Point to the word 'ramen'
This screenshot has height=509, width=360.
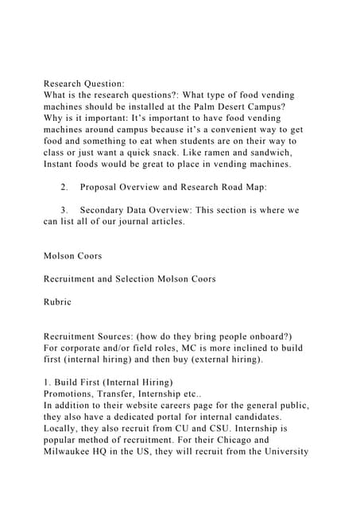pyautogui.click(x=194, y=151)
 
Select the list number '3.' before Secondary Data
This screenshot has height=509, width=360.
pyautogui.click(x=64, y=210)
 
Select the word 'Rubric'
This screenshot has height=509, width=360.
pyautogui.click(x=57, y=302)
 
